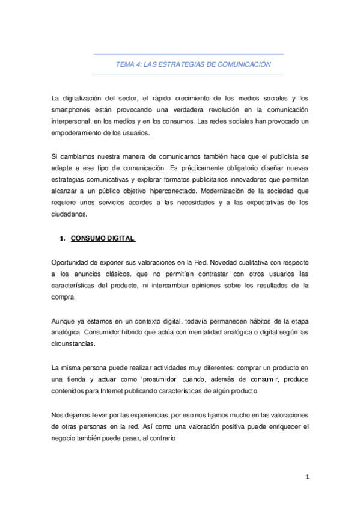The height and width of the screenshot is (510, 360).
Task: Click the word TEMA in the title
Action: pos(125,64)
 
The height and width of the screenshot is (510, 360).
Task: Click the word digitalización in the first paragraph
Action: pos(90,99)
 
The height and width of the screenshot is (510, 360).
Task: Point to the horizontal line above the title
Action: pos(188,55)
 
